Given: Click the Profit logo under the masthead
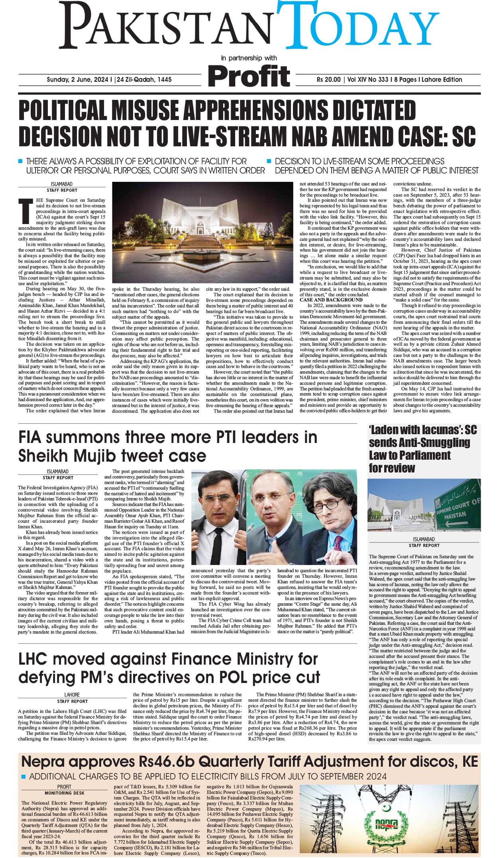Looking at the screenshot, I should [x=249, y=76].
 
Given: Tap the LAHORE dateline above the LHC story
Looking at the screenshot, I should [x=72, y=694].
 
